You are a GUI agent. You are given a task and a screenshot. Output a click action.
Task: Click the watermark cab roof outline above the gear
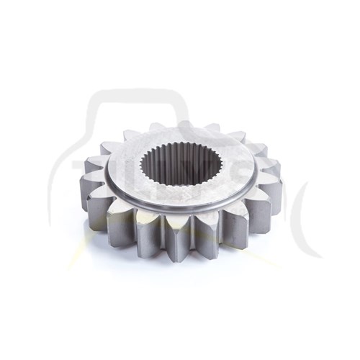[130, 94]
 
